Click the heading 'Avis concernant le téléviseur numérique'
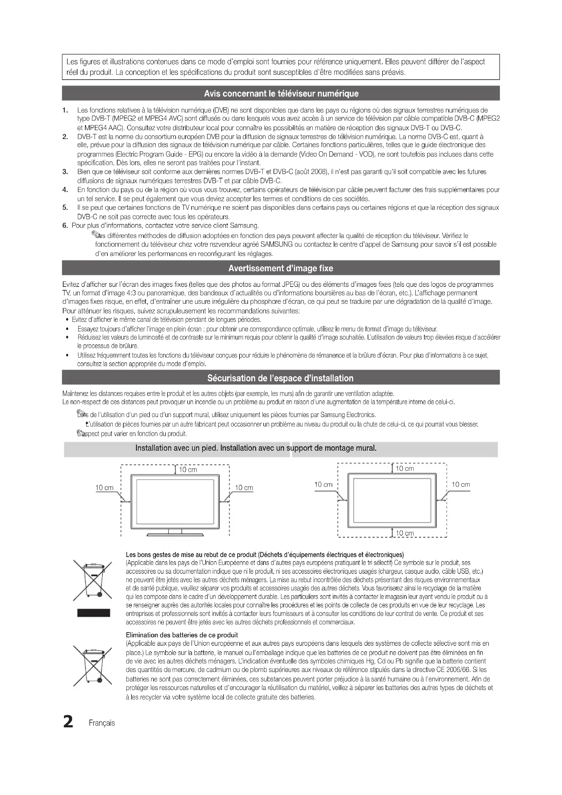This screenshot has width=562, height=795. [x=281, y=93]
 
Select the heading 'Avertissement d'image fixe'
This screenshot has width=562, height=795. [x=281, y=269]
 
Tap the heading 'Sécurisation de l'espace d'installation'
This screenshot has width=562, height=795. [x=280, y=378]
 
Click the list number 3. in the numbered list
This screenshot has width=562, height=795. [x=65, y=172]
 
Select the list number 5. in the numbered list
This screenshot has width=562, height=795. [x=65, y=208]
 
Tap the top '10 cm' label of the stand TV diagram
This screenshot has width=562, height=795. [x=188, y=470]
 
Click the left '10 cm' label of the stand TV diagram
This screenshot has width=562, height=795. [x=104, y=488]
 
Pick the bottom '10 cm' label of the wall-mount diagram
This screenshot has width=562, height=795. [x=405, y=533]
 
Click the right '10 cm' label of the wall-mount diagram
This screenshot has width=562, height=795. [x=461, y=485]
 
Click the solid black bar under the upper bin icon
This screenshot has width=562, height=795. [x=93, y=613]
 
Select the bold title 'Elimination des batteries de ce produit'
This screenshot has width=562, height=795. [x=182, y=635]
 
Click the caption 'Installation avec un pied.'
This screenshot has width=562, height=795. [x=176, y=448]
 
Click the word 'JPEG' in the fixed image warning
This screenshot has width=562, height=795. [x=291, y=284]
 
